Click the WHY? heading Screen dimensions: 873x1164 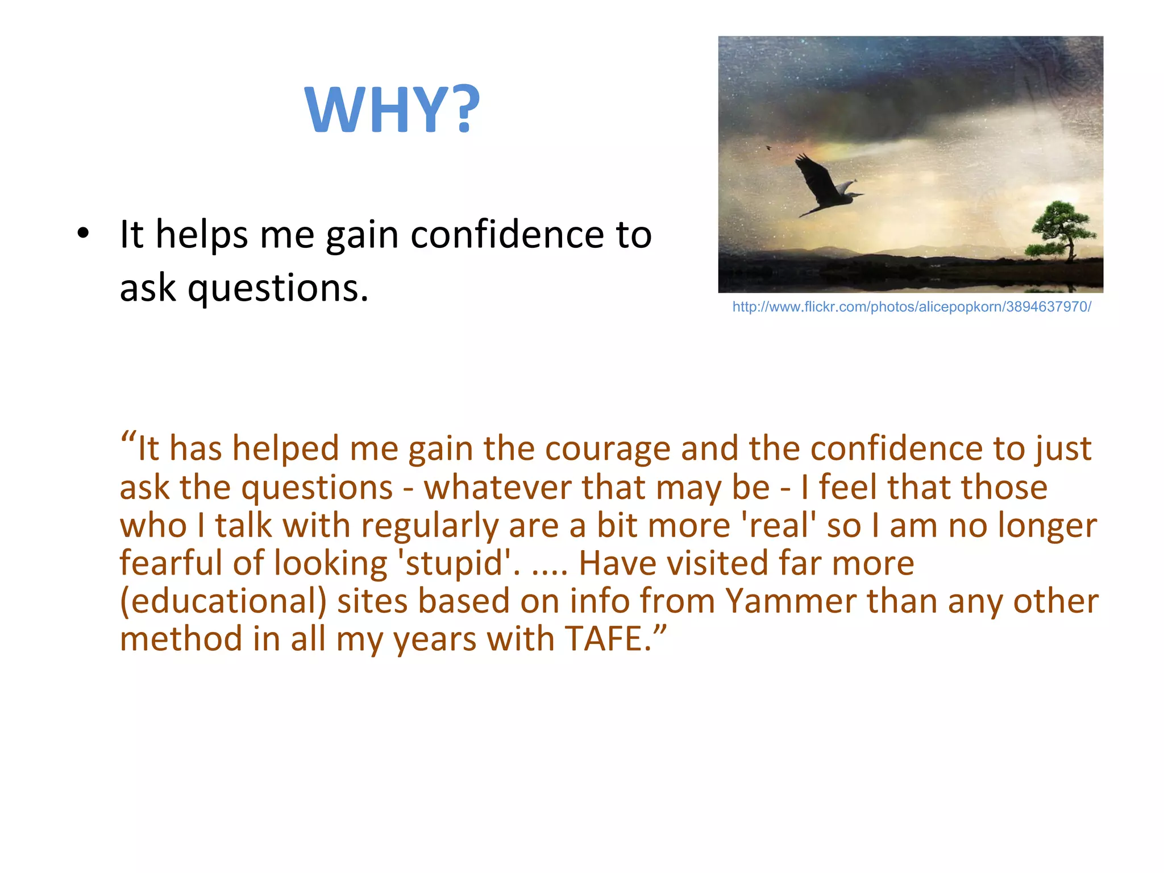tap(392, 109)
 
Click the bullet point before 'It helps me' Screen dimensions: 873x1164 tap(83, 234)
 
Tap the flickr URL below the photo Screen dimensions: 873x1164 tap(911, 307)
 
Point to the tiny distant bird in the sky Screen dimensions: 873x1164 tap(768, 148)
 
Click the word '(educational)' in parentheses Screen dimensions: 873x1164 tap(223, 601)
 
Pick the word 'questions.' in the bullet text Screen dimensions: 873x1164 tap(278, 288)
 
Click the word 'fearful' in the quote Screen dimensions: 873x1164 tap(171, 563)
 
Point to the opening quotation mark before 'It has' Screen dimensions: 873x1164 tap(128, 439)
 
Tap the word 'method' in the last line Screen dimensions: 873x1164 tap(181, 639)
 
